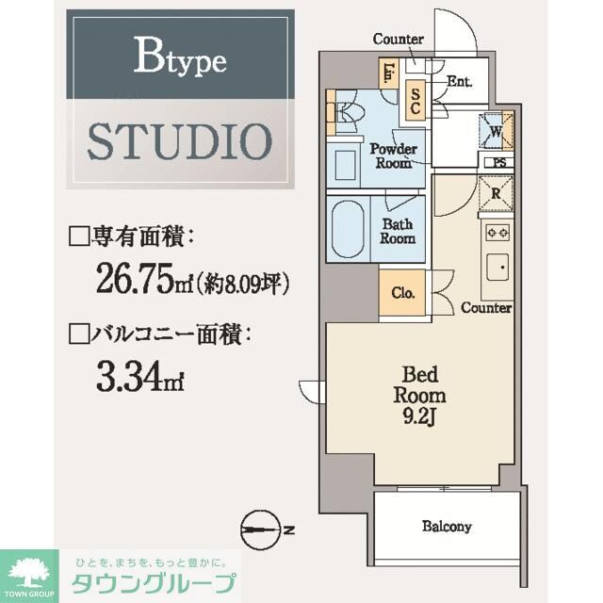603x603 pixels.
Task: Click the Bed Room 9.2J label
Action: click(x=419, y=396)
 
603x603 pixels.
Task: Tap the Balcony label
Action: click(x=447, y=527)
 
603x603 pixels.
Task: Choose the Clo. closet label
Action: click(x=402, y=291)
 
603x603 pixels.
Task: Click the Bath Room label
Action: click(x=399, y=231)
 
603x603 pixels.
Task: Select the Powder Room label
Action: click(x=392, y=155)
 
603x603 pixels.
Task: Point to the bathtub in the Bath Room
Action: click(x=347, y=229)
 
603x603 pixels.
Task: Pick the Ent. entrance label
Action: click(x=459, y=82)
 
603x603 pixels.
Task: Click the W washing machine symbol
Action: click(x=496, y=131)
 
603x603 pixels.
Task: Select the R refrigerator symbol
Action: click(x=497, y=196)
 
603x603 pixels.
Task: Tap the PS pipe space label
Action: click(x=498, y=162)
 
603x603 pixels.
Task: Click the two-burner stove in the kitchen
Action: click(x=497, y=232)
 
